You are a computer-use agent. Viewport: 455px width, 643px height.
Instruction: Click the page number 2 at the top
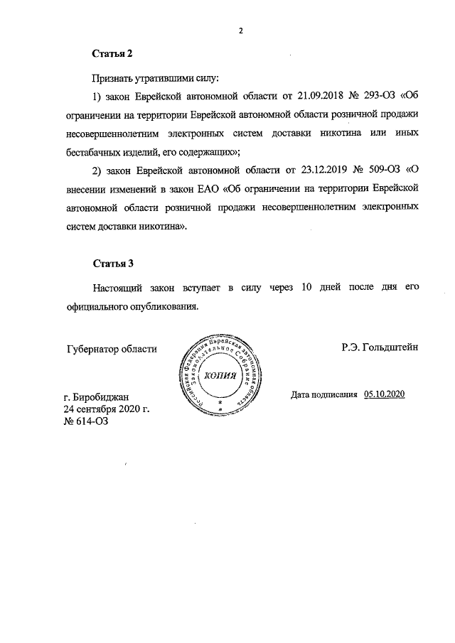coord(240,31)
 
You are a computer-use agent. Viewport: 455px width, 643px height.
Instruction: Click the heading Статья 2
coord(113,53)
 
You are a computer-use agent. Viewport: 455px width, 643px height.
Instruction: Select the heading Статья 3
coord(113,264)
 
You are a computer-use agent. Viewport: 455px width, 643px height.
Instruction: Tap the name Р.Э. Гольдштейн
coord(380,347)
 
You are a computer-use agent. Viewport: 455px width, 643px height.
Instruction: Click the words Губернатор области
coord(112,348)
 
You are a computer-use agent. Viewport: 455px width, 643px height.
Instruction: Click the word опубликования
coord(160,306)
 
